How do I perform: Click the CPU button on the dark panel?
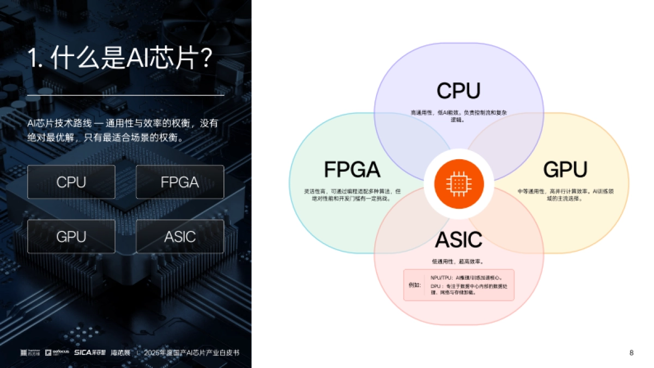71,182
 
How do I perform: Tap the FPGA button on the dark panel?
180,182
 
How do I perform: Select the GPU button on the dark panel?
71,237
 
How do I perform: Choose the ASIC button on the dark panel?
180,237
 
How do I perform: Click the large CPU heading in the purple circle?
458,91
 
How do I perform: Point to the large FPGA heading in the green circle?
352,170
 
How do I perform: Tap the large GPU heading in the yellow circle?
565,170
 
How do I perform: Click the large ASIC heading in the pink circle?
458,239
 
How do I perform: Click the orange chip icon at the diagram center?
458,184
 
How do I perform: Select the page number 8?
631,353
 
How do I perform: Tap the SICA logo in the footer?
90,353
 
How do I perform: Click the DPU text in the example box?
435,286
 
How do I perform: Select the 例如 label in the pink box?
415,285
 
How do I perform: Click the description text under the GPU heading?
565,195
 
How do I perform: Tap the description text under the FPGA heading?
352,195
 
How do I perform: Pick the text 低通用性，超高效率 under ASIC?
458,261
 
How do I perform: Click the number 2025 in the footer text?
150,353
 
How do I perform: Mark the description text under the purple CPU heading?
458,116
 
